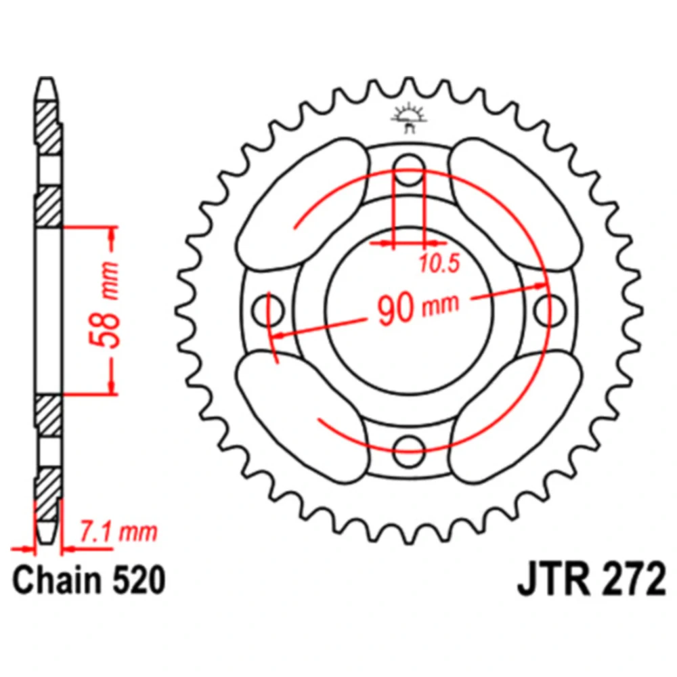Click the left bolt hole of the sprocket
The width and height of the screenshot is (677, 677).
[x=267, y=311]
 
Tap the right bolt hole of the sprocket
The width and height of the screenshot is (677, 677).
[x=549, y=309]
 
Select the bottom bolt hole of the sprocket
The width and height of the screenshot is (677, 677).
[x=408, y=451]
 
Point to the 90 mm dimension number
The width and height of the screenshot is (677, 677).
[x=395, y=309]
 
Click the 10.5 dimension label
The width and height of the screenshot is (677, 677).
[x=439, y=263]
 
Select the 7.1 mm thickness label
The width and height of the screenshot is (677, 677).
[x=118, y=532]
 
